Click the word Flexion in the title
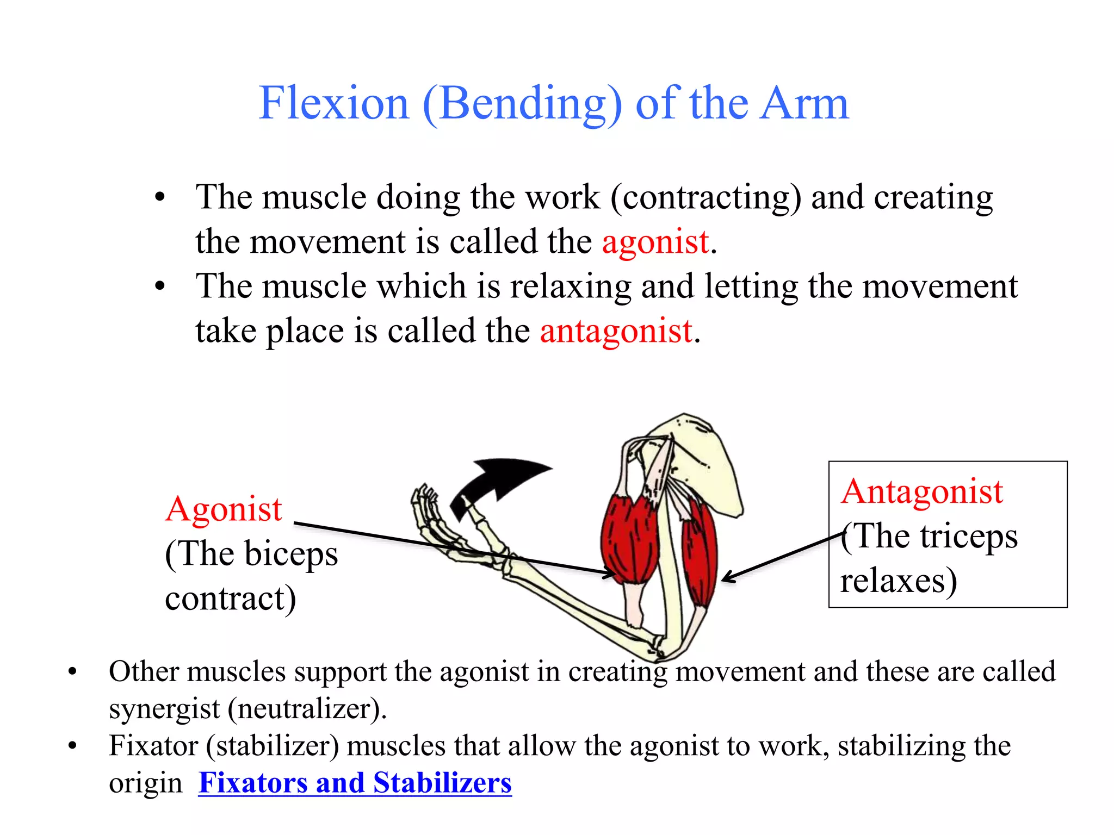333,103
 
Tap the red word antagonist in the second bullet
616,331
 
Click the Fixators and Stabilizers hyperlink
355,783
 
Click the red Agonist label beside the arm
224,509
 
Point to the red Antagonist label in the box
921,491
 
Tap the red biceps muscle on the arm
630,538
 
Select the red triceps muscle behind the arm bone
701,554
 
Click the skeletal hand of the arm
435,522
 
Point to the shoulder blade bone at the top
707,462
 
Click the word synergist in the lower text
164,709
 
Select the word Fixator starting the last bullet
153,745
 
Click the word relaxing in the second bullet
570,286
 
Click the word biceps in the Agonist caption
291,554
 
